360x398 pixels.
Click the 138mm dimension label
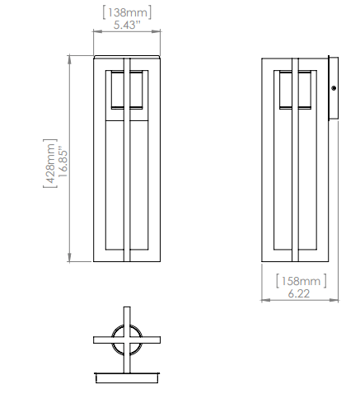125,12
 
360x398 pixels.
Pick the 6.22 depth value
298,294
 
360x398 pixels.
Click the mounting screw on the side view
334,88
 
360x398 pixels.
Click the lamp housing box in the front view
126,91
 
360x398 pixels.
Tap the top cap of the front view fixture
126,57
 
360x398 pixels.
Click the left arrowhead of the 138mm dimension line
96,35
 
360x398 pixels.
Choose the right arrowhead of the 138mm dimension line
157,35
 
